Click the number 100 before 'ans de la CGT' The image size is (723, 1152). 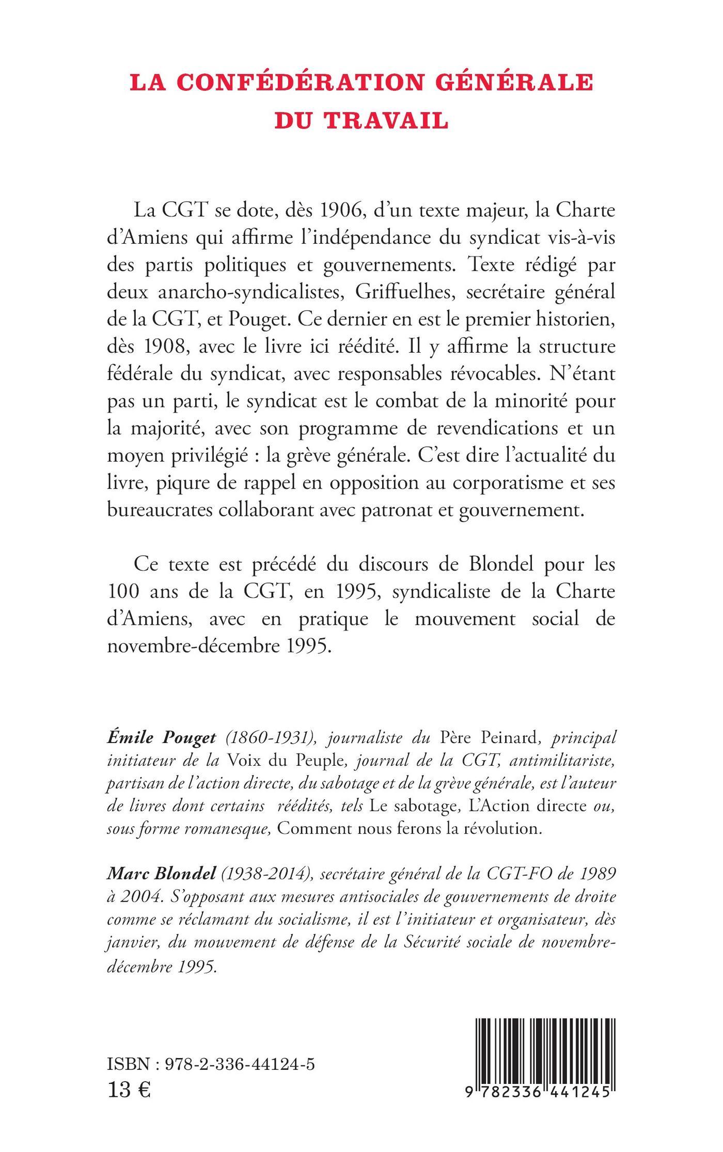[x=124, y=590]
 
